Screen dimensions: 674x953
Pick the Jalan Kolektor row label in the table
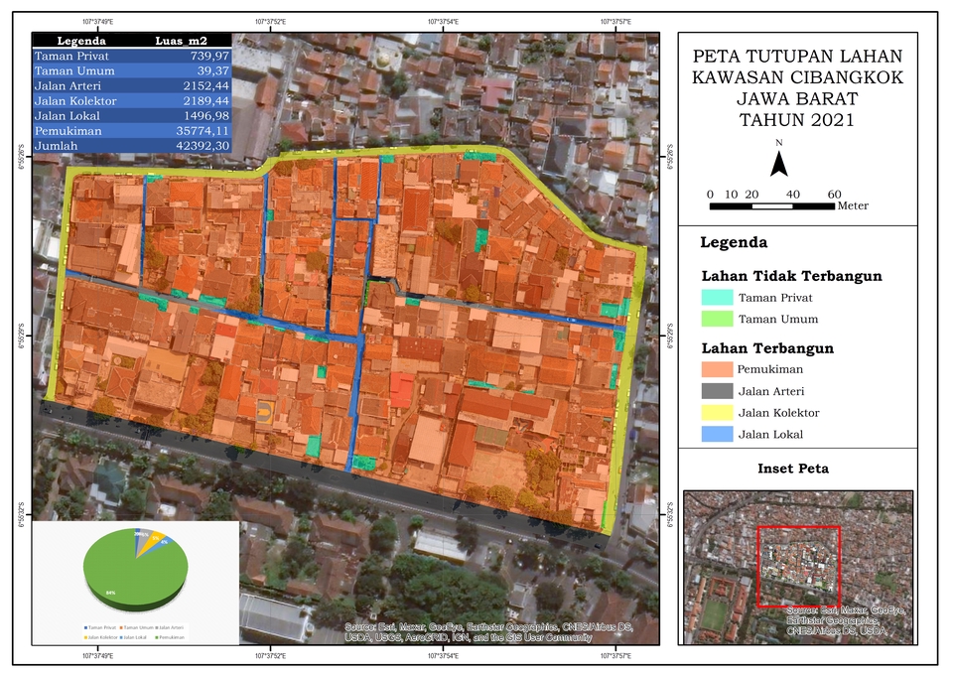pos(75,101)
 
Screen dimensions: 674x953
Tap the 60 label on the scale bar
pos(834,194)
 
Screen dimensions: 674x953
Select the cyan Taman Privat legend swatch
pos(716,297)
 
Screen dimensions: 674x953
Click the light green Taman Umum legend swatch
pos(716,320)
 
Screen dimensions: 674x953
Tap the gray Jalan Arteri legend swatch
pos(716,391)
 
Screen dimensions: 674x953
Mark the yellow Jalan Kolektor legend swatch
pos(716,413)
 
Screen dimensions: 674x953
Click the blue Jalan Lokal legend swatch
pos(716,435)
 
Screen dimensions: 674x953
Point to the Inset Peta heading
pos(794,469)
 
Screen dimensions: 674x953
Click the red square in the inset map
pos(798,566)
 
